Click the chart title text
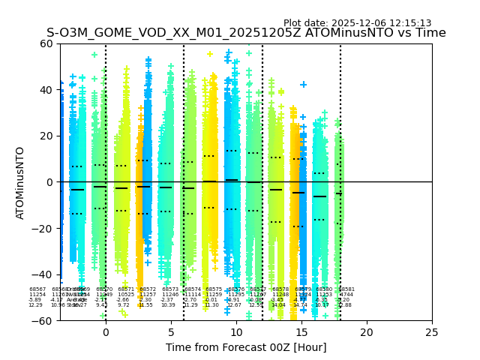tap(246, 33)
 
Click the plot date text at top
tap(357, 23)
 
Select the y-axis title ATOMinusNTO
tap(20, 182)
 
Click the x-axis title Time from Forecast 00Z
tap(246, 347)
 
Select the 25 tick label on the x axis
tap(431, 332)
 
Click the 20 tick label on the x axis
tap(366, 332)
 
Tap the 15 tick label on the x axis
tap(301, 332)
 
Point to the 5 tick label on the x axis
tap(171, 332)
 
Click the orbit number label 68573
tap(170, 289)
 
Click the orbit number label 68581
tap(346, 289)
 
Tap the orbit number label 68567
tap(37, 289)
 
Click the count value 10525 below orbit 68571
tap(126, 295)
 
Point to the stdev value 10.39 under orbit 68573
tap(168, 305)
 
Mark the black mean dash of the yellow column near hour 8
tap(209, 181)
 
